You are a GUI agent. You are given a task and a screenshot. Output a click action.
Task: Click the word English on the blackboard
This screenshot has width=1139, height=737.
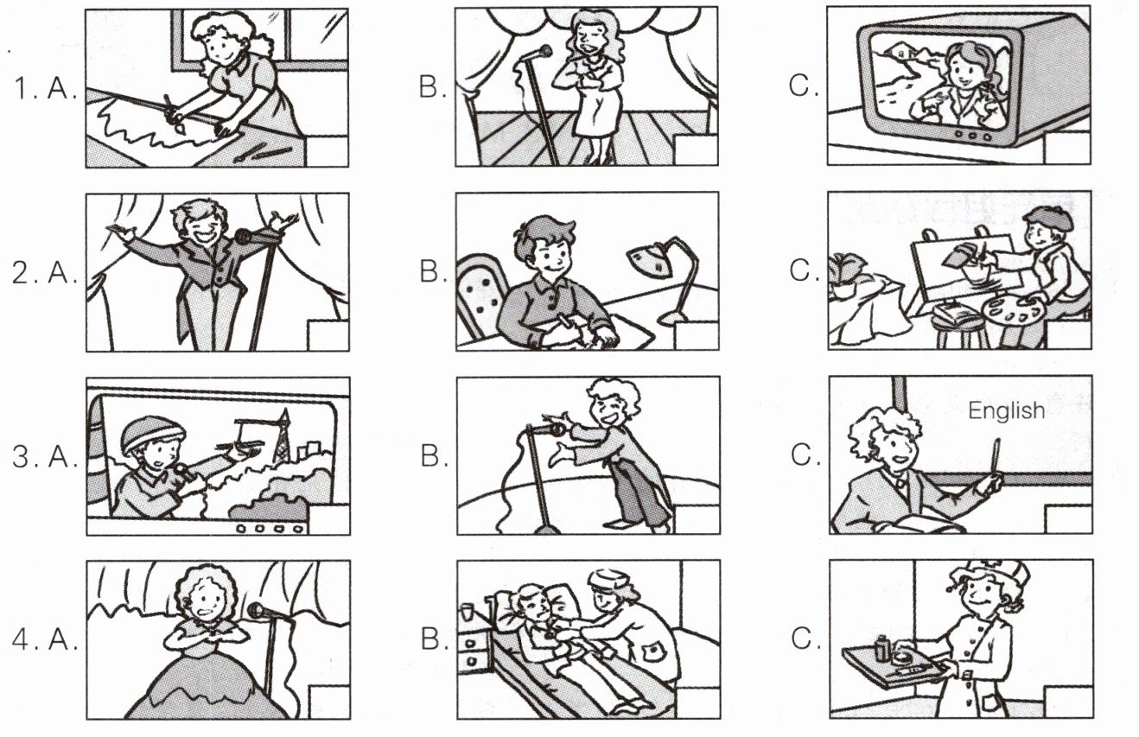(1006, 410)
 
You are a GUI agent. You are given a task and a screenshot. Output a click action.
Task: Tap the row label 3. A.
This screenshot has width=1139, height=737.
(44, 455)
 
